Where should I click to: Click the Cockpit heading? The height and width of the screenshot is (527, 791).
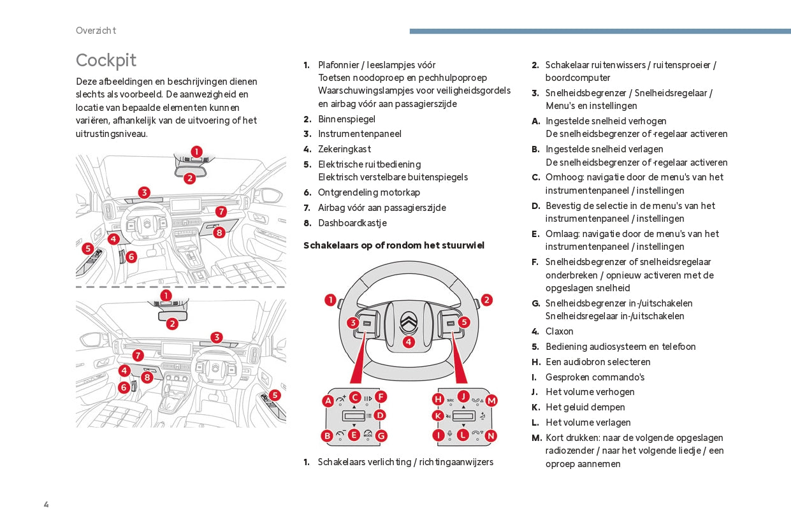tap(106, 61)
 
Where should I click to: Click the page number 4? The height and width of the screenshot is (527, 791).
tap(47, 505)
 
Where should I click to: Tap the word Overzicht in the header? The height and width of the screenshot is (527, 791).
tap(96, 31)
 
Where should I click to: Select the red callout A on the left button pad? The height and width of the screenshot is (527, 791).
tap(328, 401)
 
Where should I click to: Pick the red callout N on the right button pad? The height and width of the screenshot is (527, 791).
tap(491, 436)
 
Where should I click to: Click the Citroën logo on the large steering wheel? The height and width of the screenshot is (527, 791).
tap(409, 322)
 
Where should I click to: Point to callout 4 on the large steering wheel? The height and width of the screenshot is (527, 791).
tap(409, 342)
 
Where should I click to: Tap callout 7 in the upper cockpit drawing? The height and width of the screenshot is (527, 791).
tap(221, 212)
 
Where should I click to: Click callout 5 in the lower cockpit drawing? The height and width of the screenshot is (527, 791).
tap(275, 395)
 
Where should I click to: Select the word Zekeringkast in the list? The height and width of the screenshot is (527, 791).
tap(344, 149)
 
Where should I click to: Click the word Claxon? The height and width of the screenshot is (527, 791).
tap(560, 331)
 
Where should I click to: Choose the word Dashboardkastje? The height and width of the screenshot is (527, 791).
tap(352, 223)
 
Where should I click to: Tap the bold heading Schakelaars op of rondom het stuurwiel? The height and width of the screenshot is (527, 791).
tap(394, 245)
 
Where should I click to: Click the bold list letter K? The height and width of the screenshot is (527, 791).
tap(535, 407)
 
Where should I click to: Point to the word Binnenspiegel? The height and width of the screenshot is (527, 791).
tap(346, 119)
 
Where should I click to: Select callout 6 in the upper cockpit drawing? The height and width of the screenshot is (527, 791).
tap(131, 257)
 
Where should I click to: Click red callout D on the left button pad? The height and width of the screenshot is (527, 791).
tap(380, 415)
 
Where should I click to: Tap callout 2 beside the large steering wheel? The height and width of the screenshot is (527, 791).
tap(486, 300)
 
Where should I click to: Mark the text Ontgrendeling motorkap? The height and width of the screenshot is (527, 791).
tap(369, 192)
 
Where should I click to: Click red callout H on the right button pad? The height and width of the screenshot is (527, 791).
tap(439, 399)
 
